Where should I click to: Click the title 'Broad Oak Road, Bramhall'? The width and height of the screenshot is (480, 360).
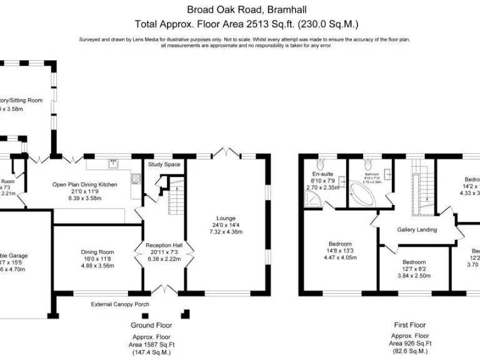point(239,9)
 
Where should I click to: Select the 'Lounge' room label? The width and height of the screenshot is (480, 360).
point(226,218)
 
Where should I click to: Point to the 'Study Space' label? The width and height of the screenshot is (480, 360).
point(164,164)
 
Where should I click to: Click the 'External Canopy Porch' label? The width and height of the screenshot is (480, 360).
point(120,304)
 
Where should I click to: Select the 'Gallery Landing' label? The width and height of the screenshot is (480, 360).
point(417,229)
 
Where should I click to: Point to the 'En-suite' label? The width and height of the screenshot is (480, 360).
point(322,174)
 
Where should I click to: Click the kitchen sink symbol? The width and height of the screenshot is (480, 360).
point(113,164)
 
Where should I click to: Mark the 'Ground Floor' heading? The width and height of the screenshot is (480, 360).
point(151,325)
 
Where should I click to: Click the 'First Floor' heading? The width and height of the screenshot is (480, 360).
point(410,325)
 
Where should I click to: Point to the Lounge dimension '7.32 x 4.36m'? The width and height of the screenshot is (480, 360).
point(226,232)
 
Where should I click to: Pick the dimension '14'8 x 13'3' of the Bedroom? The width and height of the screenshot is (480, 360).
point(341,251)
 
